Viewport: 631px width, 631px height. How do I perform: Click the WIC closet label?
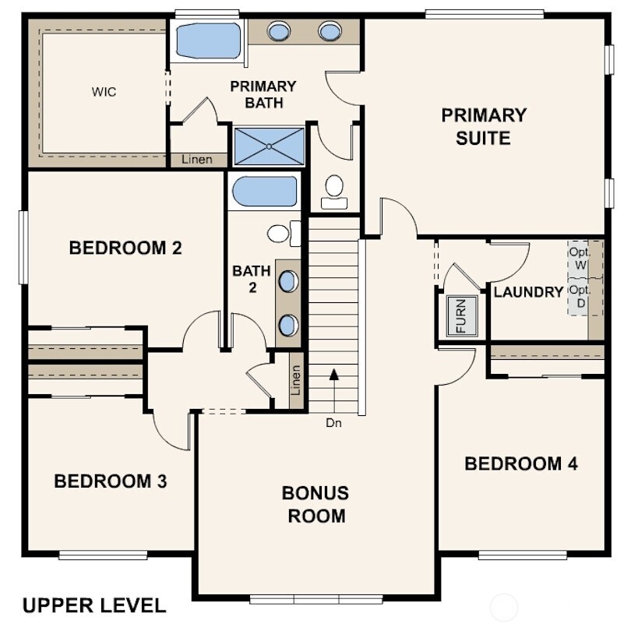tap(104, 92)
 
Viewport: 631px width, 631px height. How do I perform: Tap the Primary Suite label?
tap(484, 127)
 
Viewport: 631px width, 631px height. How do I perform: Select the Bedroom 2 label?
tap(125, 249)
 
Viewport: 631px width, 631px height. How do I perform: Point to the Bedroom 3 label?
tap(111, 481)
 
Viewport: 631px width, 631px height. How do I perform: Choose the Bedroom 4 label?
tap(521, 464)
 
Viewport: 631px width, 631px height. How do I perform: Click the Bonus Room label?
tap(315, 504)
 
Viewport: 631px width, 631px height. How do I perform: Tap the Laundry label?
tap(528, 292)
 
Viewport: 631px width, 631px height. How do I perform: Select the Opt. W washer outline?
tap(579, 259)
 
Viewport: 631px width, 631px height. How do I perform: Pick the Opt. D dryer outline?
tap(579, 297)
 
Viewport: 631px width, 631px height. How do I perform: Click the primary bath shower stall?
tap(270, 146)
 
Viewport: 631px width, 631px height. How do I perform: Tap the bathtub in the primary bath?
tap(208, 41)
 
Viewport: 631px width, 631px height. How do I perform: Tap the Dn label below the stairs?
tap(333, 424)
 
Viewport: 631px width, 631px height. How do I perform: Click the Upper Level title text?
tap(93, 605)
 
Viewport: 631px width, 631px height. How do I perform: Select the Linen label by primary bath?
tap(196, 160)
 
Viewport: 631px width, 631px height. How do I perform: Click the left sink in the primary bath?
tap(279, 31)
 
